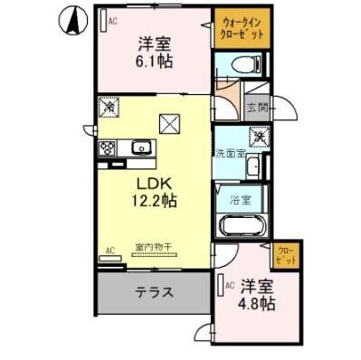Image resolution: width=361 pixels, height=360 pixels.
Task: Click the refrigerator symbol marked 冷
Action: [x=108, y=107]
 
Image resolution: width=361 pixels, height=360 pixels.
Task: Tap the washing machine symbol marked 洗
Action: [x=259, y=138]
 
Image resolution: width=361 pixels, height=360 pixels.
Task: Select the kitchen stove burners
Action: [x=107, y=149]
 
